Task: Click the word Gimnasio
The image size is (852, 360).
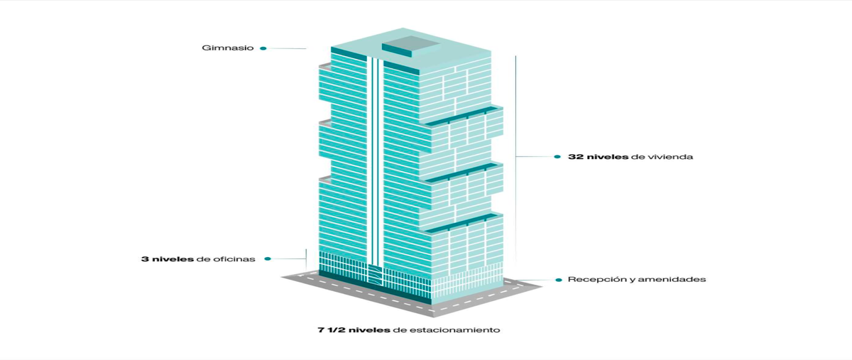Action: (x=227, y=48)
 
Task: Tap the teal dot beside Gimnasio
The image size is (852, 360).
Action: (x=263, y=48)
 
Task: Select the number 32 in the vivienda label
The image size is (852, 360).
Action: (x=576, y=157)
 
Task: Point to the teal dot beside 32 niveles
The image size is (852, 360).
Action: (x=557, y=157)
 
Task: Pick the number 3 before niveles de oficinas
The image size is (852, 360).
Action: (x=145, y=259)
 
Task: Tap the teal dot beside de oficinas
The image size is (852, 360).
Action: (x=268, y=258)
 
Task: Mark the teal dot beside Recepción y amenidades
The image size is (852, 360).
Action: (x=559, y=280)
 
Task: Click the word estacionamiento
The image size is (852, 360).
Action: (x=454, y=330)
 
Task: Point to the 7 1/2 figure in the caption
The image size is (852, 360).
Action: (x=332, y=330)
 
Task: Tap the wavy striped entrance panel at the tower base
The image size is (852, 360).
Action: (x=375, y=273)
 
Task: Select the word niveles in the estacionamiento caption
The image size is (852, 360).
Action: (x=369, y=330)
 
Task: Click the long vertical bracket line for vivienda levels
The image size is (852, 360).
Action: (x=515, y=158)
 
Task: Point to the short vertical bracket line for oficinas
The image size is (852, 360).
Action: (x=306, y=259)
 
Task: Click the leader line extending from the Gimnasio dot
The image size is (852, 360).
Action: (x=286, y=48)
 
